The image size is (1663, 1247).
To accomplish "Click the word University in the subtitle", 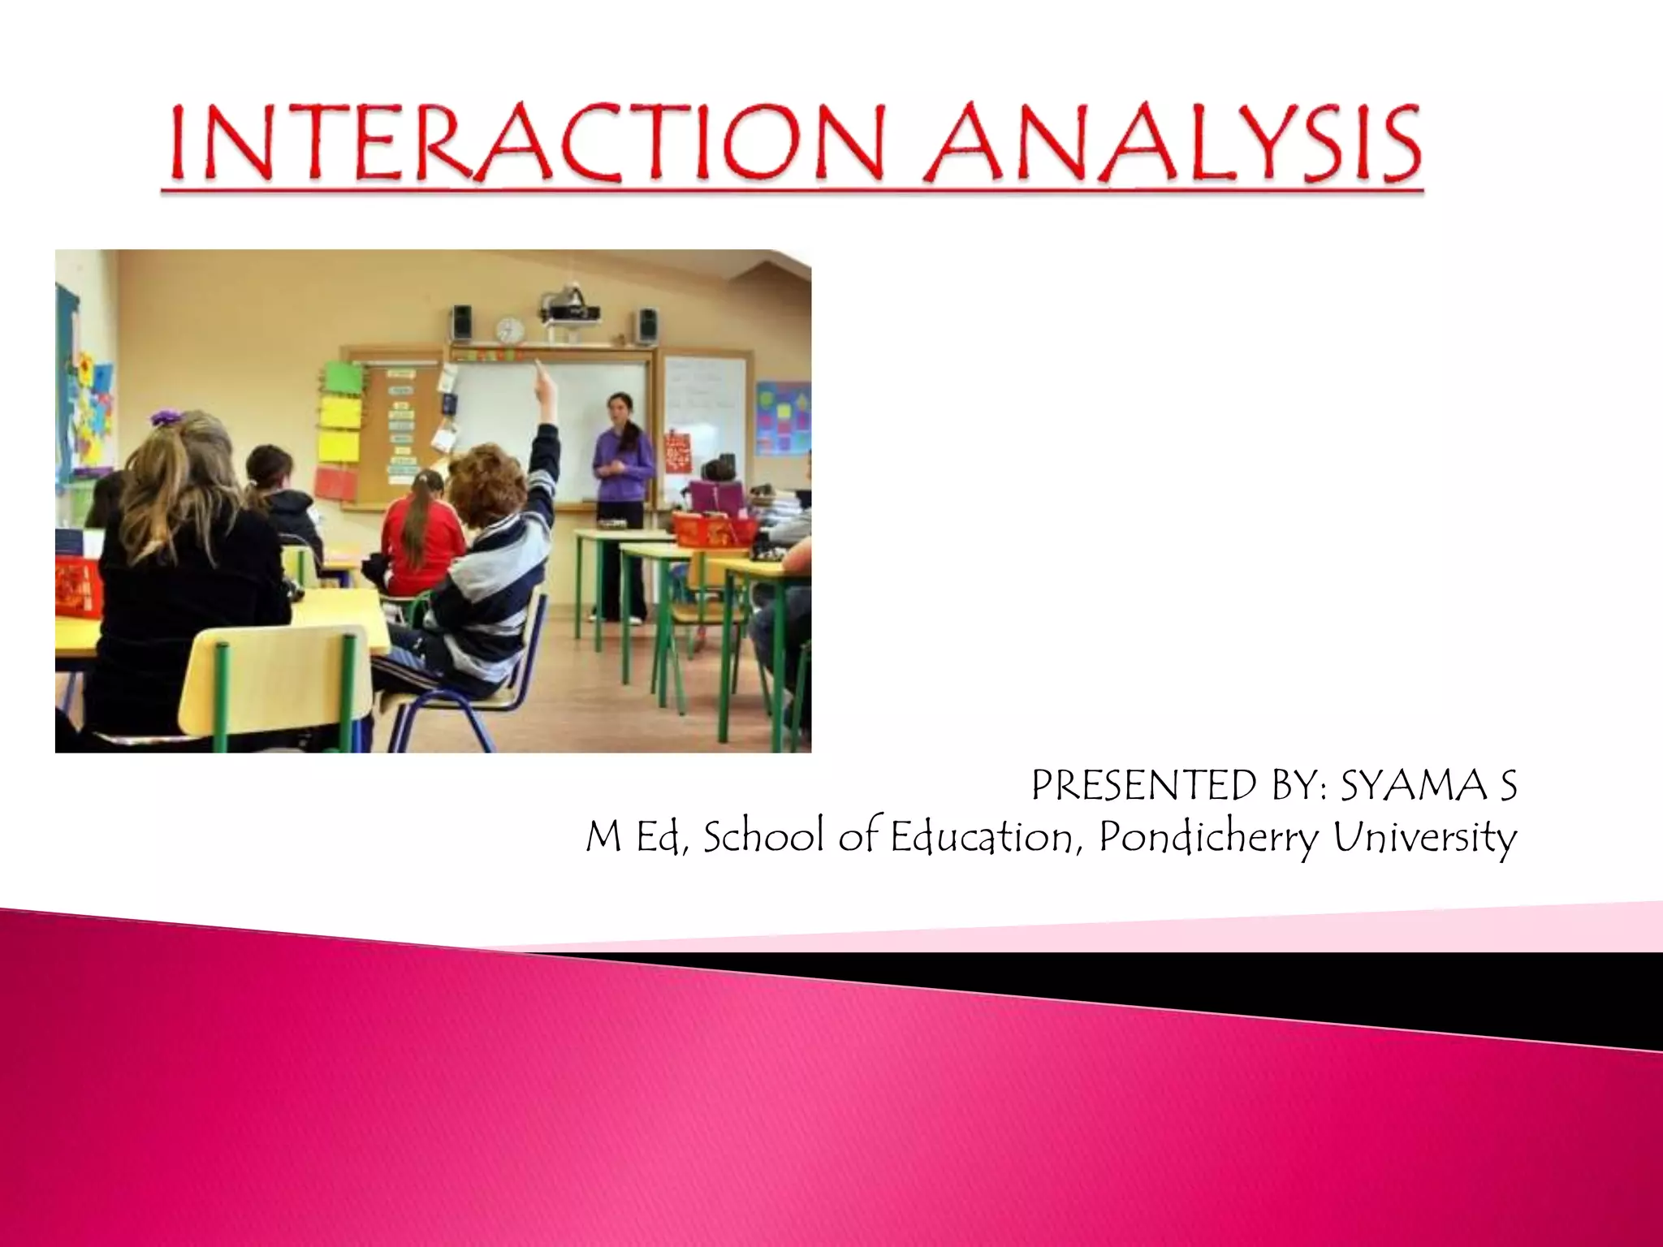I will pos(1424,838).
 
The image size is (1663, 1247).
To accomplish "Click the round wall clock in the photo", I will pos(510,330).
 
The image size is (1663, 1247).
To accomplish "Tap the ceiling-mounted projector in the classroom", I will pos(571,307).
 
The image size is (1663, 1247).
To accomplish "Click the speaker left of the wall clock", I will pos(462,323).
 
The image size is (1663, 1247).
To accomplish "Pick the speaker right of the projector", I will pos(646,326).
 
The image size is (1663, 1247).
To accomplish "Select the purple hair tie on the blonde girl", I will pos(168,417).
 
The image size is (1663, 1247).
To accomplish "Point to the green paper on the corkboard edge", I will pos(342,378).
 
